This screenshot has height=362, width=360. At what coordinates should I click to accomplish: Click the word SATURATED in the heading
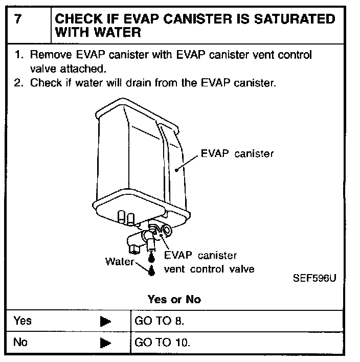pyautogui.click(x=291, y=20)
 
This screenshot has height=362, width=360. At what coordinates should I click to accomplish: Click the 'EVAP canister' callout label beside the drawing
pyautogui.click(x=236, y=153)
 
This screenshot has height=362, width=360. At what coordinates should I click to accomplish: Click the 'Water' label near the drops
pyautogui.click(x=119, y=262)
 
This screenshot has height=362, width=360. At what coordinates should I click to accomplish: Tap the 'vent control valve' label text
pyautogui.click(x=209, y=269)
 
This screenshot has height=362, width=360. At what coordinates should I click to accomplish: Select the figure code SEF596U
pyautogui.click(x=314, y=279)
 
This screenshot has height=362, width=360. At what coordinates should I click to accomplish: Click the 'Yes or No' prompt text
pyautogui.click(x=174, y=299)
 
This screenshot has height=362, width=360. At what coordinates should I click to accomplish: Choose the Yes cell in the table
pyautogui.click(x=22, y=321)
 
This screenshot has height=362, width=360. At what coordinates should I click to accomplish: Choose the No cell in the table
pyautogui.click(x=20, y=342)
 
